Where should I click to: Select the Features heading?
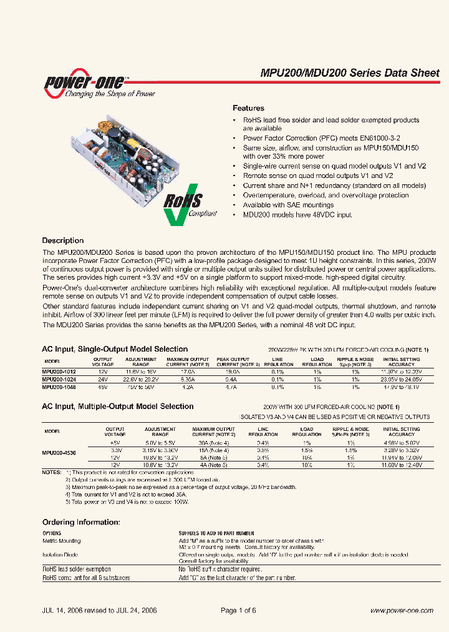coord(248,108)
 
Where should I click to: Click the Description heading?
coord(62,240)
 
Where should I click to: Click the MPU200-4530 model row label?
coord(59,453)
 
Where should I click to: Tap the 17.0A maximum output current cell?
coord(187,371)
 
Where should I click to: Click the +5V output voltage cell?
coord(115,442)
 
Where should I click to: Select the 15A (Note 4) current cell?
coord(213,450)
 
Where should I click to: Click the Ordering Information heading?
coord(80,522)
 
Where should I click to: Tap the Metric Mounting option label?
coord(61,541)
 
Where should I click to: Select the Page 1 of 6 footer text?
coord(238,610)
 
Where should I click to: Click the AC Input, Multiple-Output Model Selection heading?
coord(117,407)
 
